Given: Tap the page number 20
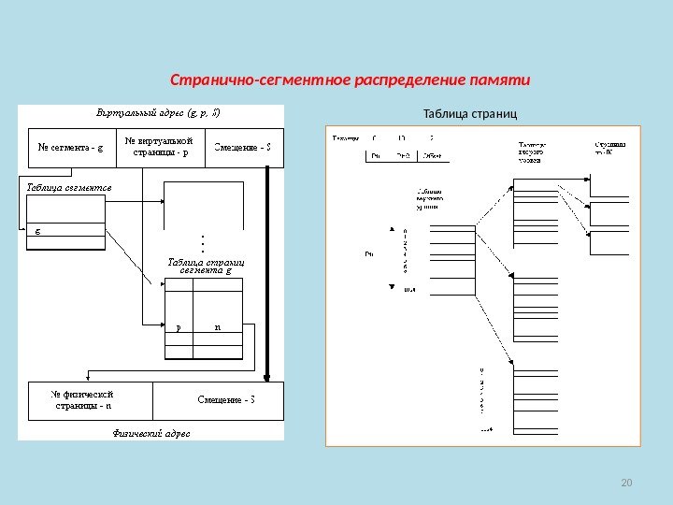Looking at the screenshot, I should (x=626, y=483).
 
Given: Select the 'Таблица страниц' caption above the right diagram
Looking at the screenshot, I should (x=469, y=114).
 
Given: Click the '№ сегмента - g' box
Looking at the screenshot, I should (x=71, y=146).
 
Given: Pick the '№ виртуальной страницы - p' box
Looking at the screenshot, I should (x=160, y=146).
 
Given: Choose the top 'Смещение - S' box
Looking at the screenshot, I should (x=243, y=146).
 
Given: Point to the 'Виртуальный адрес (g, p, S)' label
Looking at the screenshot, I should (x=160, y=113).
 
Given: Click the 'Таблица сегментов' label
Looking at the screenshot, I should (x=68, y=187).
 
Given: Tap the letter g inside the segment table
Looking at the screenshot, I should (x=38, y=227).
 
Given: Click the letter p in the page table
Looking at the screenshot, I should (x=178, y=327).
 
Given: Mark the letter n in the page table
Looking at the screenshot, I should (x=217, y=327).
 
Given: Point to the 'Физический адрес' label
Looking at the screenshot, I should (x=151, y=433).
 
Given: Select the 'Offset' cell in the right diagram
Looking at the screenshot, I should (x=434, y=155).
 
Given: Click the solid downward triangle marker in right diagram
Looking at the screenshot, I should (x=393, y=286).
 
